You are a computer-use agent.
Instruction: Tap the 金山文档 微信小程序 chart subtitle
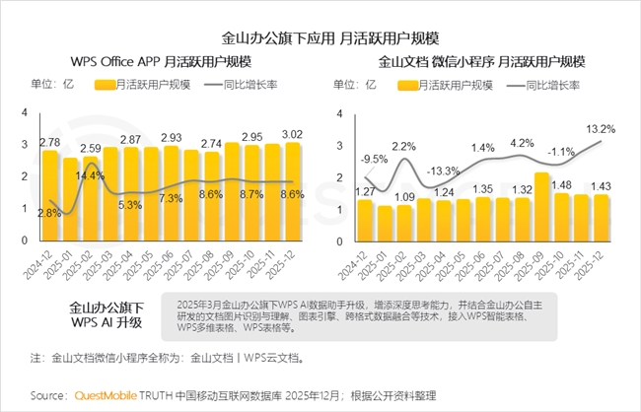pyautogui.click(x=479, y=61)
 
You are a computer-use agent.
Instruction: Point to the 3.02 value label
pyautogui.click(x=293, y=134)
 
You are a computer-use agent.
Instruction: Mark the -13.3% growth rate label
pyautogui.click(x=444, y=171)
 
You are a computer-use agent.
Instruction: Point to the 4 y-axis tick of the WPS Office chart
pyautogui.click(x=25, y=113)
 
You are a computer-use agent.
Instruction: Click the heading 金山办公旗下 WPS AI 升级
pyautogui.click(x=106, y=313)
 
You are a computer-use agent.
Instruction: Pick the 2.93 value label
pyautogui.click(x=172, y=137)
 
